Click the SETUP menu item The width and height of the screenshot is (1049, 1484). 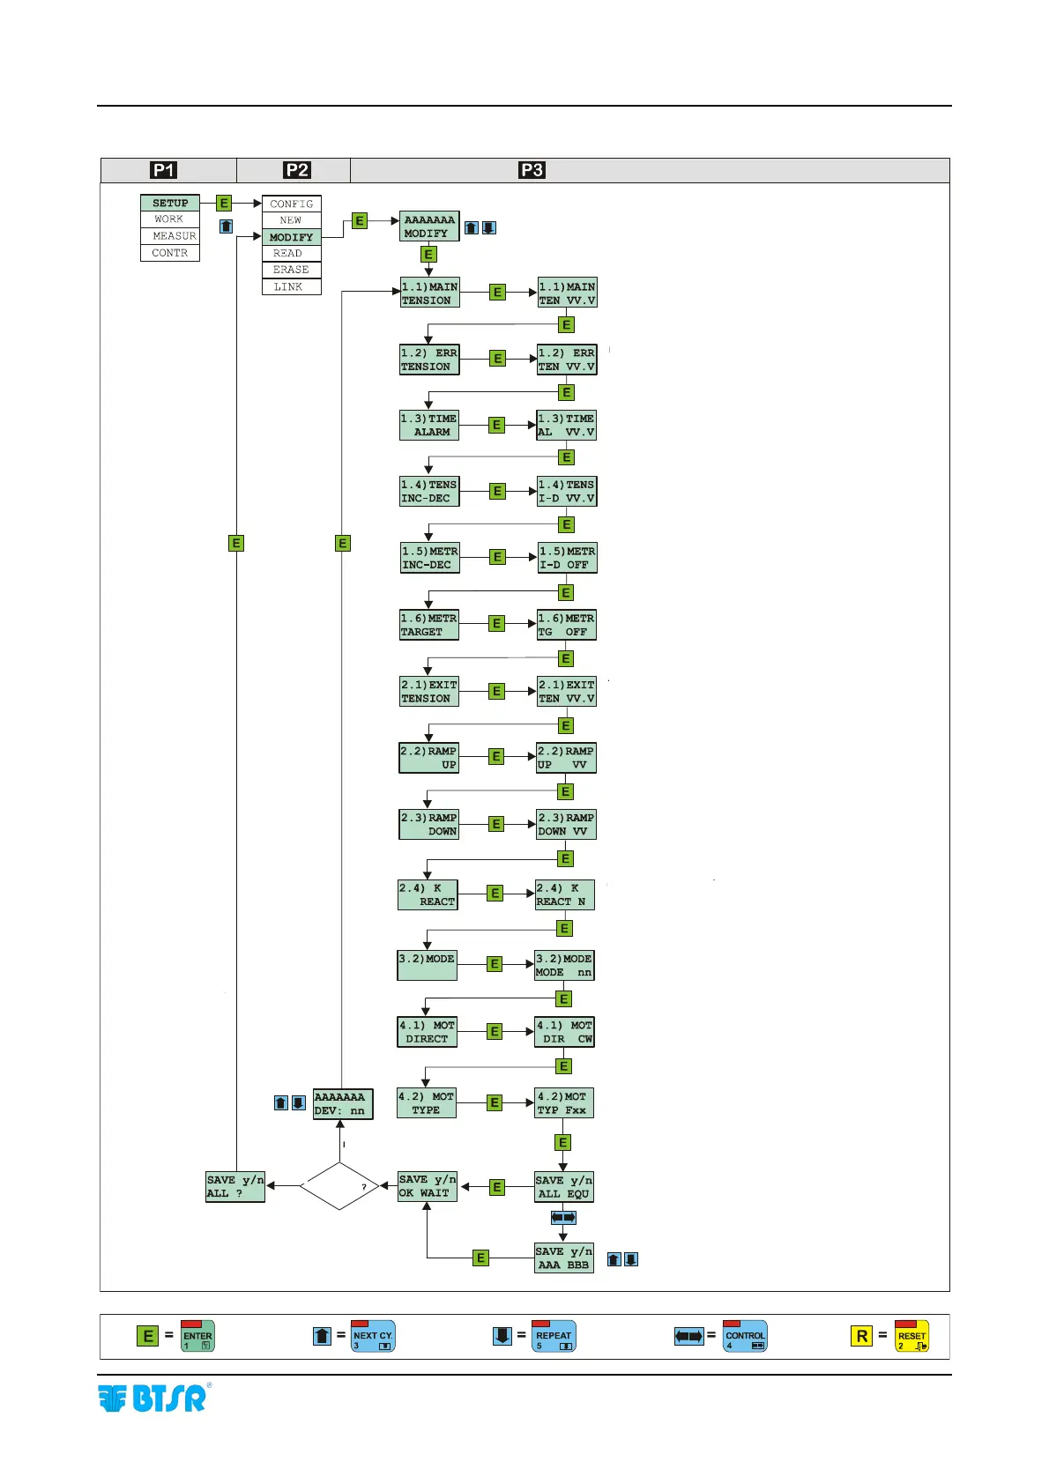pyautogui.click(x=170, y=203)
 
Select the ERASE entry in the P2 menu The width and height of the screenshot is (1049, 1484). pyautogui.click(x=291, y=270)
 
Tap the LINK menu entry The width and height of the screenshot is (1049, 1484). pyautogui.click(x=291, y=286)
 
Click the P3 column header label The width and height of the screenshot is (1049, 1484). pyautogui.click(x=532, y=170)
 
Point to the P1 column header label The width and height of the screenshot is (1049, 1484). pyautogui.click(x=164, y=170)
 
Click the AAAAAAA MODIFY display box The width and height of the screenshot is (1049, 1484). pyautogui.click(x=429, y=226)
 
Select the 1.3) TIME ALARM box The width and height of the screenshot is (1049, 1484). pyautogui.click(x=429, y=426)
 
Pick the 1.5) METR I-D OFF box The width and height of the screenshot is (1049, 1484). pyautogui.click(x=567, y=558)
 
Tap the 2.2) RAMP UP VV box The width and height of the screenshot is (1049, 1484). pyautogui.click(x=566, y=758)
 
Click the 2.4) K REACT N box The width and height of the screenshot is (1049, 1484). pyautogui.click(x=564, y=894)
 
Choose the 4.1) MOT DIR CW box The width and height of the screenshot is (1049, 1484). pyautogui.click(x=564, y=1032)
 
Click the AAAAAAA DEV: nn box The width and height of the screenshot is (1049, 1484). pyautogui.click(x=343, y=1103)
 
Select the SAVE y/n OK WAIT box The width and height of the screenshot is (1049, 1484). pyautogui.click(x=428, y=1186)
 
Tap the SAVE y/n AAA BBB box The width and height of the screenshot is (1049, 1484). pyautogui.click(x=563, y=1258)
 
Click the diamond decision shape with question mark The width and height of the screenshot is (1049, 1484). pyautogui.click(x=340, y=1186)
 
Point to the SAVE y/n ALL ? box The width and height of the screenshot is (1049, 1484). pyautogui.click(x=235, y=1186)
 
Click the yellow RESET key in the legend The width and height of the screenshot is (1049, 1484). pyautogui.click(x=911, y=1336)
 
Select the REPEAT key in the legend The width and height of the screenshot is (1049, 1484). pyautogui.click(x=554, y=1336)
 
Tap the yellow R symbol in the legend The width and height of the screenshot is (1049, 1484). pyautogui.click(x=861, y=1336)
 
